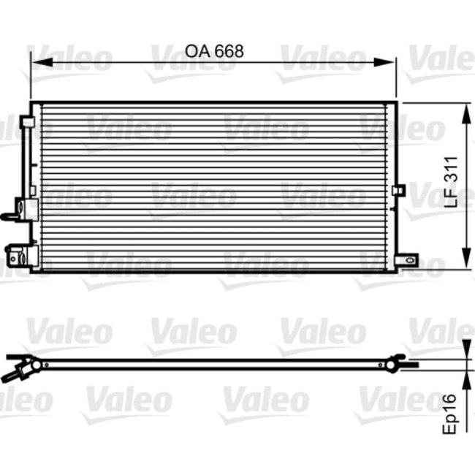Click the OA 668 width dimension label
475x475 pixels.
pyautogui.click(x=213, y=51)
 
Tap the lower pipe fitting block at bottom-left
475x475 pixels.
pyautogui.click(x=23, y=256)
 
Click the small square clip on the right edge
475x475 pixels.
pyautogui.click(x=398, y=191)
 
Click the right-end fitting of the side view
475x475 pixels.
pyautogui.click(x=397, y=361)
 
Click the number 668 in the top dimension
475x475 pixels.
pyautogui.click(x=226, y=51)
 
